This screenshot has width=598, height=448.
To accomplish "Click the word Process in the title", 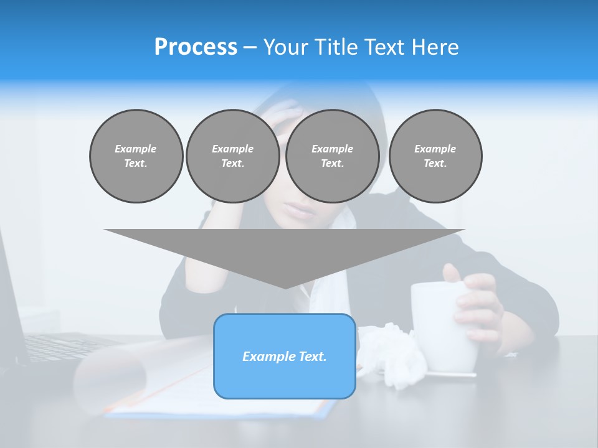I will [x=196, y=47].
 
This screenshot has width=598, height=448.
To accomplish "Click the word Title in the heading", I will [x=336, y=47].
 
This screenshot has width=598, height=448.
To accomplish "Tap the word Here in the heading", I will [x=436, y=47].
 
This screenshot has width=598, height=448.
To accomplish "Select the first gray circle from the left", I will [x=136, y=156].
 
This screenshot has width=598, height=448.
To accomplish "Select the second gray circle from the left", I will [x=232, y=156].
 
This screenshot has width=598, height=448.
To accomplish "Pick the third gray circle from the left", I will [x=332, y=156].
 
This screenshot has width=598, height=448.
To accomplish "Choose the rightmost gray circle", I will [x=435, y=156].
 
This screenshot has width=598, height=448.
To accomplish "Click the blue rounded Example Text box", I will [x=285, y=356].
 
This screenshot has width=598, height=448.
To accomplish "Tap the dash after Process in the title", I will [x=250, y=47].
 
